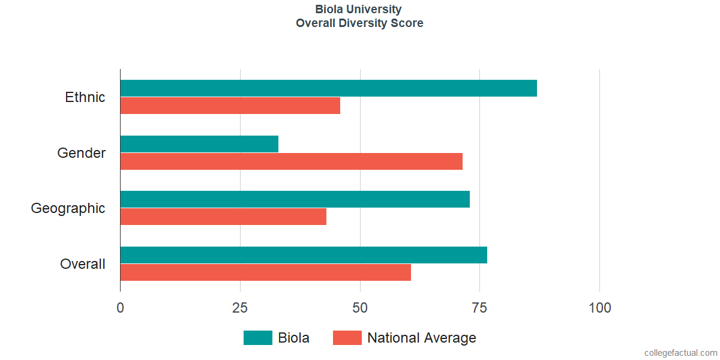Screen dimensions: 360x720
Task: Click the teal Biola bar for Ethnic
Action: [328, 88]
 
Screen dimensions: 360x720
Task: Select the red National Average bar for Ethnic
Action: [230, 106]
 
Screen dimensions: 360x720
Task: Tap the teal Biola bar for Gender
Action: [199, 144]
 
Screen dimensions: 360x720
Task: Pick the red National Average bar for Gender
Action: [291, 161]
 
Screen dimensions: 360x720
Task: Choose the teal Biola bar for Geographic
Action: [295, 199]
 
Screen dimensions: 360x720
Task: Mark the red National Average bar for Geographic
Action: [223, 217]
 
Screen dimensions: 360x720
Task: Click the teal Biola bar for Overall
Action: [304, 255]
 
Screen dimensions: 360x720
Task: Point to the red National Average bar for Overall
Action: [265, 272]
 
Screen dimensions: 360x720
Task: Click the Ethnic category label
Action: [85, 97]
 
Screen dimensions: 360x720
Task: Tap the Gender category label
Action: [82, 153]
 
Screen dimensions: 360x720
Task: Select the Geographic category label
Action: [68, 208]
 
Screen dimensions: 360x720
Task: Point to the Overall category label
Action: [83, 264]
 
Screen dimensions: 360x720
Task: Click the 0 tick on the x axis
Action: [121, 308]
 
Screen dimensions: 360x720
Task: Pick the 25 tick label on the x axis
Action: [240, 308]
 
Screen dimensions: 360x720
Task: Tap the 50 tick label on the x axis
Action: [360, 308]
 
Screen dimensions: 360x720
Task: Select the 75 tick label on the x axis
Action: [480, 308]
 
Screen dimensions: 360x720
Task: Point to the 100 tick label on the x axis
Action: [600, 308]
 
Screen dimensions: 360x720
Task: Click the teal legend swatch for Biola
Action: [258, 338]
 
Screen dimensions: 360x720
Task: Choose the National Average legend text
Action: [421, 338]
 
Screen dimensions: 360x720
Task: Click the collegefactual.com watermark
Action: [680, 353]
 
